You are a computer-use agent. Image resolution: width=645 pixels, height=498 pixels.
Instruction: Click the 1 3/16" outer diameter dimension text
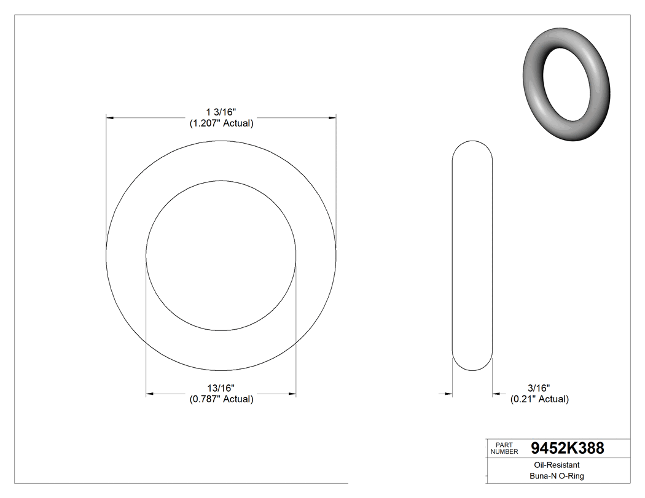coord(221,112)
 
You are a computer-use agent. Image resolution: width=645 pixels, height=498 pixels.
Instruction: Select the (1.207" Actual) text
coord(221,123)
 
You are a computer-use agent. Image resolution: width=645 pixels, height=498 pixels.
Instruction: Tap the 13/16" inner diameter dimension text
coord(221,388)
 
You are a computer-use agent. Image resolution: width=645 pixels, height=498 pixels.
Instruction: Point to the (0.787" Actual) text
coord(221,399)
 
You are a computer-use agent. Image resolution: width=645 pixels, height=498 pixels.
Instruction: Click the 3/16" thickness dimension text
coord(539,388)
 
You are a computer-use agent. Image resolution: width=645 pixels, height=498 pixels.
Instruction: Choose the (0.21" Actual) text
coord(539,399)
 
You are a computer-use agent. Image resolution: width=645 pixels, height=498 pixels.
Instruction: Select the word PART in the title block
coord(504,445)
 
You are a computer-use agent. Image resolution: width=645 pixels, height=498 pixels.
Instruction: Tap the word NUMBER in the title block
coord(504,451)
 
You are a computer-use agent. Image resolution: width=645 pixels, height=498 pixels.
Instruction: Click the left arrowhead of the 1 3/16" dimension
coord(111,117)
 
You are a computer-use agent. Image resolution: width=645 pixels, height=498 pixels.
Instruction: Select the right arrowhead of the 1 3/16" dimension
coord(332,117)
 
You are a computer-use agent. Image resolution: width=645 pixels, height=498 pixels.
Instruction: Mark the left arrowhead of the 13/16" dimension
coord(150,394)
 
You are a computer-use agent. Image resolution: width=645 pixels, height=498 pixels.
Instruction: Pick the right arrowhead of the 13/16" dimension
coord(292,394)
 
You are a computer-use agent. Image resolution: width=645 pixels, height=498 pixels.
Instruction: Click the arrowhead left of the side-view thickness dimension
coord(448,394)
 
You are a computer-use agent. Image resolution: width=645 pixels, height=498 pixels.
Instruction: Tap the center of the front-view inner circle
coord(221,255)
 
